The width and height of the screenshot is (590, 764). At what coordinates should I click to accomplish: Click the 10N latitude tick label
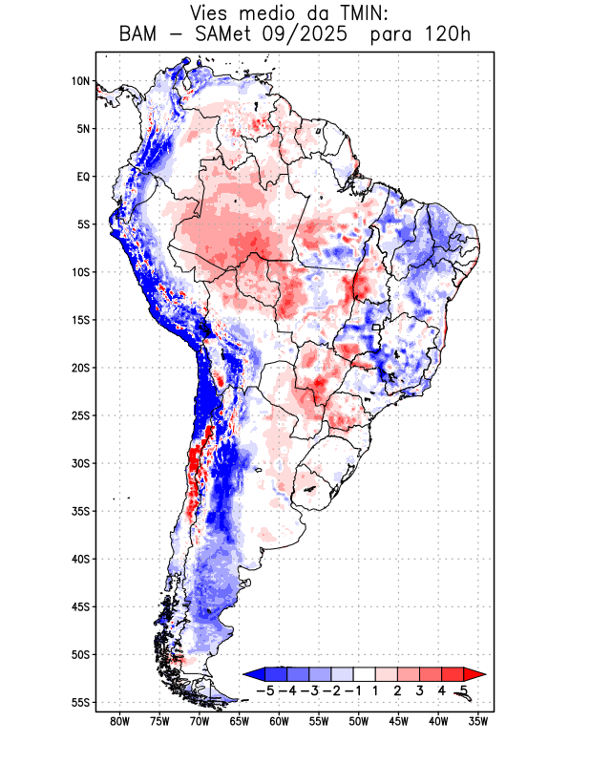click(x=80, y=81)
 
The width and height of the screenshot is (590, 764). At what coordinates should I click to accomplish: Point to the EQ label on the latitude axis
click(x=82, y=177)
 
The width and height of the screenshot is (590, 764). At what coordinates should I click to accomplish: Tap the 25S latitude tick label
click(x=80, y=415)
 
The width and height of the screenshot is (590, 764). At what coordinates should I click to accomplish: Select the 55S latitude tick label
click(x=80, y=702)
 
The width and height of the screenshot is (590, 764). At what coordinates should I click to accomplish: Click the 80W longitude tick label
click(x=120, y=721)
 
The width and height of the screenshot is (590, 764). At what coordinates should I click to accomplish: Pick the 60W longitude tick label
click(x=280, y=721)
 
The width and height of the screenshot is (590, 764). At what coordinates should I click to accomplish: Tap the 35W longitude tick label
click(x=478, y=721)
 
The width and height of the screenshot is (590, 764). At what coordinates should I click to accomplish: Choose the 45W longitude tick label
click(x=399, y=721)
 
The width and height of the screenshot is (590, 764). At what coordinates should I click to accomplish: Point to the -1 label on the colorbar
click(x=352, y=690)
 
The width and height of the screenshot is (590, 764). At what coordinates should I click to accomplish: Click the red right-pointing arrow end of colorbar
click(x=474, y=674)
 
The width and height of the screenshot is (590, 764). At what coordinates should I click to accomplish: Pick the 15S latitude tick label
click(x=80, y=320)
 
